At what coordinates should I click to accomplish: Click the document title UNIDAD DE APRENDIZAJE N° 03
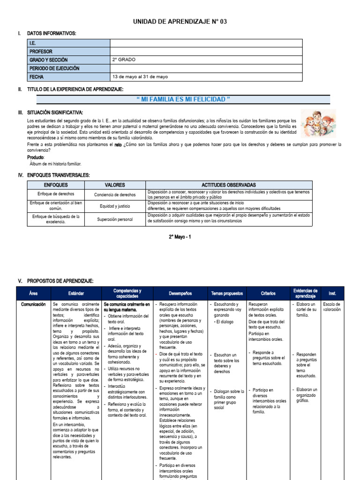180,22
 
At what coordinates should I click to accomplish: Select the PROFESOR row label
41,52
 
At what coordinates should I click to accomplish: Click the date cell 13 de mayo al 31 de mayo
139,76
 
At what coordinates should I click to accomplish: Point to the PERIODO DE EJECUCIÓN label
54,68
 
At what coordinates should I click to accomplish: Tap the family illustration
318,124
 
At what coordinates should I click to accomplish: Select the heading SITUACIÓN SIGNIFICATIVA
55,113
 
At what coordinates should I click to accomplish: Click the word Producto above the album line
36,157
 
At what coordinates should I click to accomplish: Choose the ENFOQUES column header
56,185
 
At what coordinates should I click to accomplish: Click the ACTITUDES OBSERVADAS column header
228,185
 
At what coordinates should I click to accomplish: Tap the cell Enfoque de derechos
56,194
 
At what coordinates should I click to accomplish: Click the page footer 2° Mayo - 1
180,237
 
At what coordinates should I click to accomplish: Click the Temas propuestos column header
226,293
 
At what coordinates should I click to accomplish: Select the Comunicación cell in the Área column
33,304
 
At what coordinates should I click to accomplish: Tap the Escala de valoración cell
332,307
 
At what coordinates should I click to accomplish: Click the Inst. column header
332,293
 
